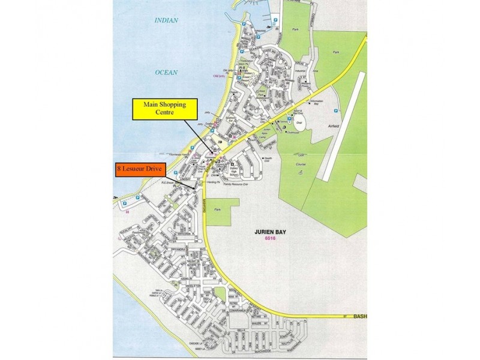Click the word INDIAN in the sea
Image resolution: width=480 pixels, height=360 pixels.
pos(167,20)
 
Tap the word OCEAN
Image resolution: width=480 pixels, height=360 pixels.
pos(167,72)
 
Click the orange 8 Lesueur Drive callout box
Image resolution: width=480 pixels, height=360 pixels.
pos(140,170)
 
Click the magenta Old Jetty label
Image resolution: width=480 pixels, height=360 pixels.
pos(218,76)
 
